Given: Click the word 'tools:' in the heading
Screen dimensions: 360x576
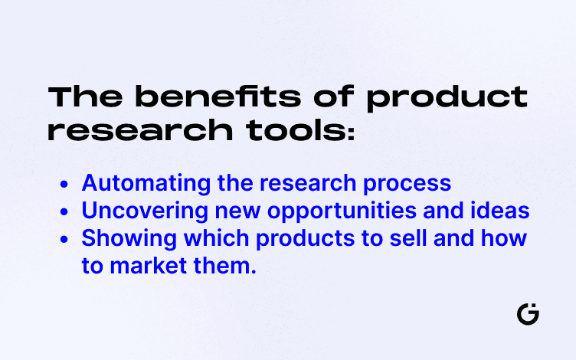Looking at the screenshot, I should click(x=298, y=130).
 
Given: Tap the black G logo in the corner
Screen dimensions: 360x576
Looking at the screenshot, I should click(x=528, y=314).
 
